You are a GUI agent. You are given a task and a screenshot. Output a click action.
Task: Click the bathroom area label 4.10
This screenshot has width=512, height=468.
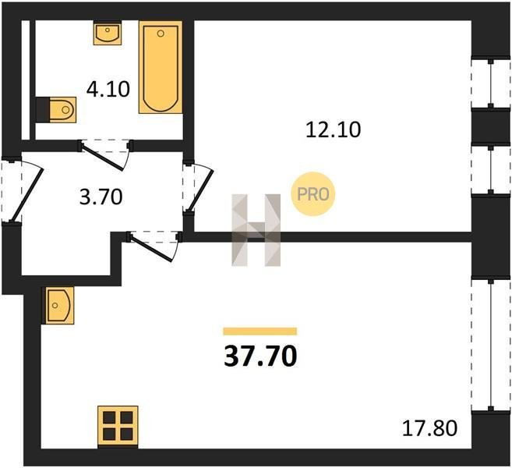pyautogui.click(x=108, y=89)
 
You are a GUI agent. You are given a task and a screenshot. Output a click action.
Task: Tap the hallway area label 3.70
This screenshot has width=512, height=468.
pyautogui.click(x=101, y=197)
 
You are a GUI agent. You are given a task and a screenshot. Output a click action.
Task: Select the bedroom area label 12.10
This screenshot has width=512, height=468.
pyautogui.click(x=333, y=129)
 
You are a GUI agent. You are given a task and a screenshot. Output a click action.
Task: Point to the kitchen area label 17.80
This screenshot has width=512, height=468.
pyautogui.click(x=429, y=428)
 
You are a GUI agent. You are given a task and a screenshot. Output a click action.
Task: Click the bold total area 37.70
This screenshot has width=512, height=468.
pyautogui.click(x=260, y=356)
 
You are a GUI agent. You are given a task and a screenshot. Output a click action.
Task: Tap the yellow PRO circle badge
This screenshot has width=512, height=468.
pyautogui.click(x=312, y=194)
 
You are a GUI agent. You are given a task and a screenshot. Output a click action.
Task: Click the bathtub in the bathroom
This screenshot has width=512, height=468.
pyautogui.click(x=161, y=67)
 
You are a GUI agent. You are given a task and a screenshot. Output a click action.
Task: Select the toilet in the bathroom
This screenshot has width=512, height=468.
pyautogui.click(x=56, y=109)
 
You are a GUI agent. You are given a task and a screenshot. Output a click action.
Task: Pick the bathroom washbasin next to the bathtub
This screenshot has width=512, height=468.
pyautogui.click(x=108, y=33)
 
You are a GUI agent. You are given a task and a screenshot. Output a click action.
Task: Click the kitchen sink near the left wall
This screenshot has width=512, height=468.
pyautogui.click(x=60, y=305)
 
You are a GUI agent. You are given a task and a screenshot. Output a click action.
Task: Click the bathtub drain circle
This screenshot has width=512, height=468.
pyautogui.click(x=161, y=34)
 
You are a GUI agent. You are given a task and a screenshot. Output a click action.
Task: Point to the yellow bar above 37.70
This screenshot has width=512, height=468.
pyautogui.click(x=260, y=331)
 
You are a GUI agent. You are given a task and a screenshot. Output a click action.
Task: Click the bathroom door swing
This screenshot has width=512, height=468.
pyautogui.click(x=105, y=155)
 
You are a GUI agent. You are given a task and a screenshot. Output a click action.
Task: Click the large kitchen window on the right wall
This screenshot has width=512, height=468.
pyautogui.click(x=491, y=344)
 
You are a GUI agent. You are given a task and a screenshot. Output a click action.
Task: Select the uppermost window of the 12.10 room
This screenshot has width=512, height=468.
pyautogui.click(x=490, y=83)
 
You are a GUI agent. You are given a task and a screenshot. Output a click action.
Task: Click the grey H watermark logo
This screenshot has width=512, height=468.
pyautogui.click(x=256, y=230)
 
